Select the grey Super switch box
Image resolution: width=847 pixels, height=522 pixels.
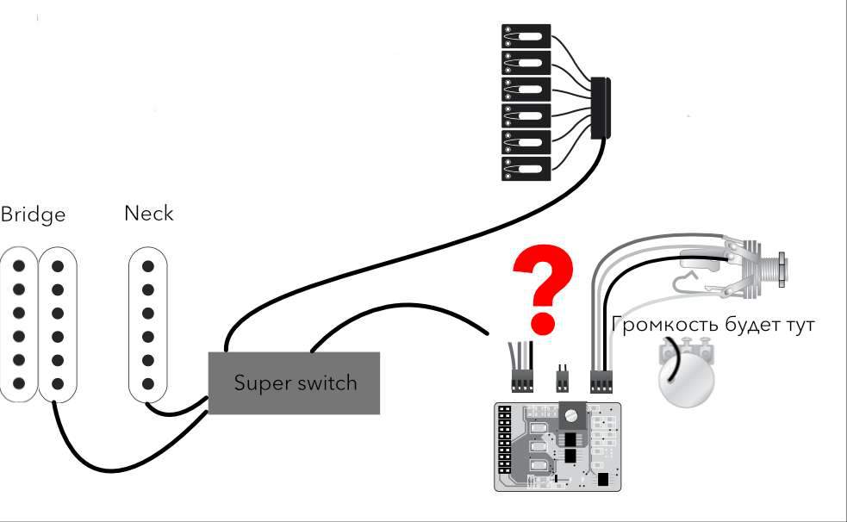coord(295,382)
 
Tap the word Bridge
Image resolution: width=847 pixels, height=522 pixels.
coord(33,214)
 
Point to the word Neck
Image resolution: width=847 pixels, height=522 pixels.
coord(148,213)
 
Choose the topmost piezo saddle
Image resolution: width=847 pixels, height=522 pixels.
coord(526,36)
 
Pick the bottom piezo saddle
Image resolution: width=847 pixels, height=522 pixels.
coord(526,168)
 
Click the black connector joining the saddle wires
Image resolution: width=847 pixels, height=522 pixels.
coord(600,107)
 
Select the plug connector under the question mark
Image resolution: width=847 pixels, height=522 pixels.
coord(521,379)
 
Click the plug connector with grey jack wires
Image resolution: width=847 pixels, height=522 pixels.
coord(601,379)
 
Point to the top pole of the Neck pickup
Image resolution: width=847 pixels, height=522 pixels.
coord(149,266)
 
